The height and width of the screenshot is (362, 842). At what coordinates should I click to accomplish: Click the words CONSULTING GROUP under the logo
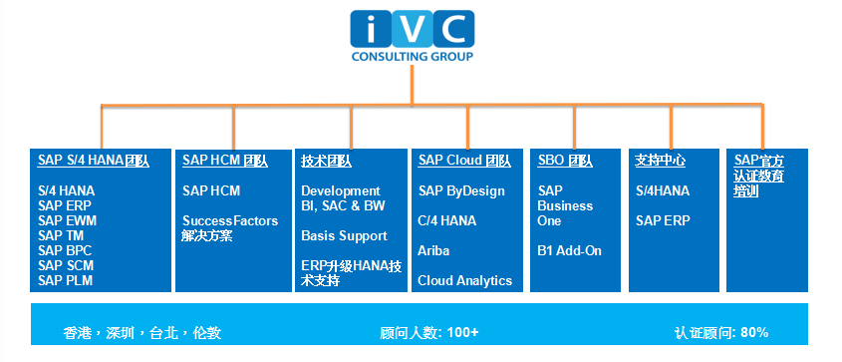point(413,57)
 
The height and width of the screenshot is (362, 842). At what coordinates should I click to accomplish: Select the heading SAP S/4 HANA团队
point(94,161)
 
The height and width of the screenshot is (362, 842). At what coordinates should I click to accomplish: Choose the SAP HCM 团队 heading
point(225,161)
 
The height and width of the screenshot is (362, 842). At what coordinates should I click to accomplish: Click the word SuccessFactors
point(230,220)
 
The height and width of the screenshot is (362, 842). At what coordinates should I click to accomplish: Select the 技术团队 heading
point(327,162)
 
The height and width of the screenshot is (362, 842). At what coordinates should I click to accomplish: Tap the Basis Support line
point(344,235)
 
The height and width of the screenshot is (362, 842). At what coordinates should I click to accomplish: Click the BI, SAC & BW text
point(343,205)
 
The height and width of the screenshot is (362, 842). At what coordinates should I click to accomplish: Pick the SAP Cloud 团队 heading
point(464,161)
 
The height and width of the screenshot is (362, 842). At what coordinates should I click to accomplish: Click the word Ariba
point(433,251)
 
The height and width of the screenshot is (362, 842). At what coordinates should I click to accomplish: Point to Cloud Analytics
point(465,280)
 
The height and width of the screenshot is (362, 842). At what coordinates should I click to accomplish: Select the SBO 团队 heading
point(565,162)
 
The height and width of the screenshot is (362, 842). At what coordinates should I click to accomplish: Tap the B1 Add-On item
point(570,251)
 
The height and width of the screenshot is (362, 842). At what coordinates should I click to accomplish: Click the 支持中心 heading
point(660,161)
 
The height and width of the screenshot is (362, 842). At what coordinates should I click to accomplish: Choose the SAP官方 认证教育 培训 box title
point(758,176)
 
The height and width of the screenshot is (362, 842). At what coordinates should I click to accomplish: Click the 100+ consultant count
point(462,333)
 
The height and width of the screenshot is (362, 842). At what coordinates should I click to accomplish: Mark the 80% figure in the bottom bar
point(754,333)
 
